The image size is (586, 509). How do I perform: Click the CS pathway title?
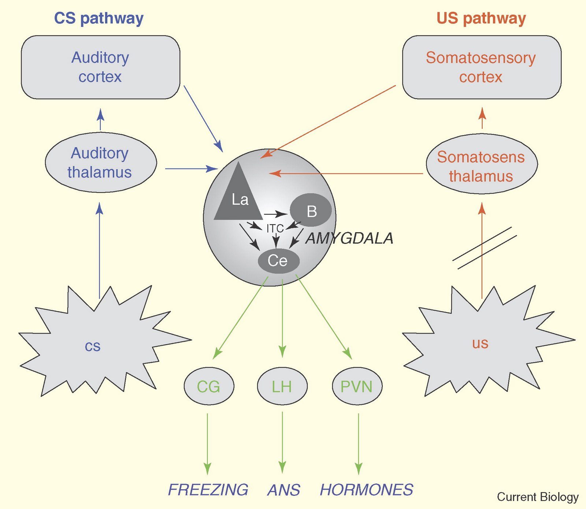tap(99, 18)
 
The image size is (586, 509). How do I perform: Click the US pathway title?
tap(481, 18)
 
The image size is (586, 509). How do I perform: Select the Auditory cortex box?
tap(100, 67)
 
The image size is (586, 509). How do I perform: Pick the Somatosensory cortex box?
tap(481, 67)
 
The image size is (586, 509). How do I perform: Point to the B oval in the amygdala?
tap(311, 210)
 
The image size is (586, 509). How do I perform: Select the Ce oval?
tap(278, 261)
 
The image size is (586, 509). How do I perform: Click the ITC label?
tap(275, 229)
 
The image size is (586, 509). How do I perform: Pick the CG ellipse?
tap(209, 386)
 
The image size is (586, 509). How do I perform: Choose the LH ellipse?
tap(282, 386)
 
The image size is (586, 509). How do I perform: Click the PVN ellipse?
tap(357, 386)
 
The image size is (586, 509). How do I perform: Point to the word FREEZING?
tap(208, 490)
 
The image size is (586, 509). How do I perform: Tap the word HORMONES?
tap(366, 490)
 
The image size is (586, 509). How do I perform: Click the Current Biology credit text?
tap(537, 497)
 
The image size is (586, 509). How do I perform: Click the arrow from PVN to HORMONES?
tap(358, 443)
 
